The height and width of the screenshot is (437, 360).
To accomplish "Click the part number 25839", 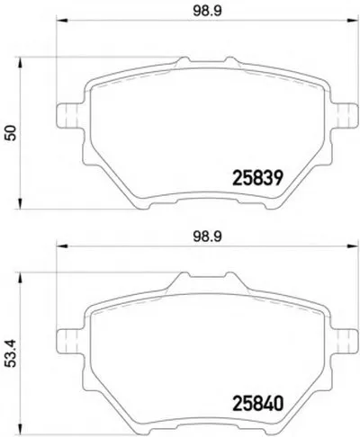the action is point(257,178).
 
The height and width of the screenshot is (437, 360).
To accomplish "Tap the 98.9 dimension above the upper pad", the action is point(207,12).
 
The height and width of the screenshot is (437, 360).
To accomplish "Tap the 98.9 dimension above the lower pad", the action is point(207,236).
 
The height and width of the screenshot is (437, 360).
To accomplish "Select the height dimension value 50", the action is point(12,133).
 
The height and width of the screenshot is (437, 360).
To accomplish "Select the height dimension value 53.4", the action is point(12,354).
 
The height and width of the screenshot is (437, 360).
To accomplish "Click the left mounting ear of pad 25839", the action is point(69,116).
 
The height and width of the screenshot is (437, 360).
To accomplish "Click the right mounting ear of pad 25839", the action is point(345,116).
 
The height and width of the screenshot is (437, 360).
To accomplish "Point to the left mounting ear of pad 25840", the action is point(69,341).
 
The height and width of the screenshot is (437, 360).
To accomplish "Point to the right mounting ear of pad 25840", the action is point(345,341).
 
